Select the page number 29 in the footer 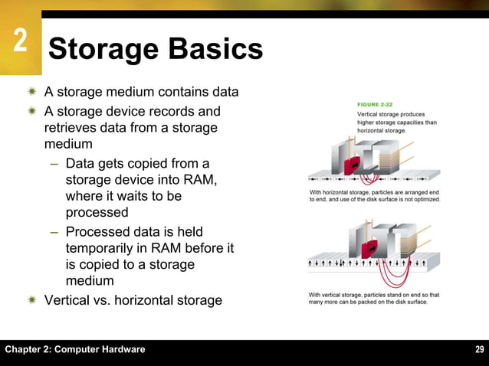click(479, 350)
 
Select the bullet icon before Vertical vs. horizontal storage click(32, 300)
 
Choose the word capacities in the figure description click(412, 122)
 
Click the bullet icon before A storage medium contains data click(32, 93)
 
